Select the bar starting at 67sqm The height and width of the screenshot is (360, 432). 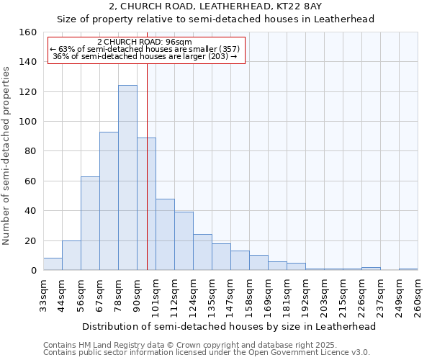point(109,201)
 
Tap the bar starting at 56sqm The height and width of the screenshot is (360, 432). point(90,223)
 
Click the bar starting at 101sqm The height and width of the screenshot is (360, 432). point(165,235)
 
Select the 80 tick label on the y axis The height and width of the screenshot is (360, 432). point(30,151)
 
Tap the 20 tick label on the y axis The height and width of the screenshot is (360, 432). point(30,240)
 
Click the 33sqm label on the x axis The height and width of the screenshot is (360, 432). point(43,296)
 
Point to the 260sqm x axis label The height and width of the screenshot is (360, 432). point(418,296)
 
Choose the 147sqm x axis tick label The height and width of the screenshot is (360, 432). point(230,296)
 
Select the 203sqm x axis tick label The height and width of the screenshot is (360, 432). point(324,296)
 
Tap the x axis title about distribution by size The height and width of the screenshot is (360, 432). point(229,326)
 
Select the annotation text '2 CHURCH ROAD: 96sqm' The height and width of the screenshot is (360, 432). point(144,42)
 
